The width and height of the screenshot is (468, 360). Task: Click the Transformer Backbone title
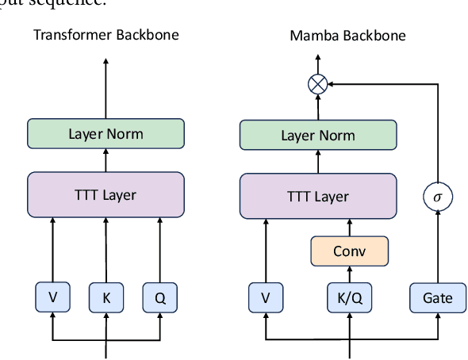pyautogui.click(x=105, y=35)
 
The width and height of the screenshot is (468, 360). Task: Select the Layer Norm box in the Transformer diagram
pyautogui.click(x=105, y=133)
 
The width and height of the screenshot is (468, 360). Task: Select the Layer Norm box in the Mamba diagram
pyautogui.click(x=317, y=135)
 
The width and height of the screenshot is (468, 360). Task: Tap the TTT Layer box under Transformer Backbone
pyautogui.click(x=105, y=194)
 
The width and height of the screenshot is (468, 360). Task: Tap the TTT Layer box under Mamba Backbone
pyautogui.click(x=317, y=196)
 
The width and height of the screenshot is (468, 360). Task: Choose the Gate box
pyautogui.click(x=437, y=298)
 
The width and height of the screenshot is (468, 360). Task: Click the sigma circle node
pyautogui.click(x=437, y=197)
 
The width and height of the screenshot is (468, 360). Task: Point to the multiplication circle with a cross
pyautogui.click(x=317, y=82)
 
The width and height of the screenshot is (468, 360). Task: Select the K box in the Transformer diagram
pyautogui.click(x=105, y=297)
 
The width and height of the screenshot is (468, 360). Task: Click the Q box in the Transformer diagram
pyautogui.click(x=159, y=297)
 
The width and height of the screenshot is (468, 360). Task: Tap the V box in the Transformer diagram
pyautogui.click(x=52, y=297)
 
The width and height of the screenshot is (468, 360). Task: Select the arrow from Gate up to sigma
pyautogui.click(x=437, y=246)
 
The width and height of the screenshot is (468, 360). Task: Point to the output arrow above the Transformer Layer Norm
pyautogui.click(x=105, y=87)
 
